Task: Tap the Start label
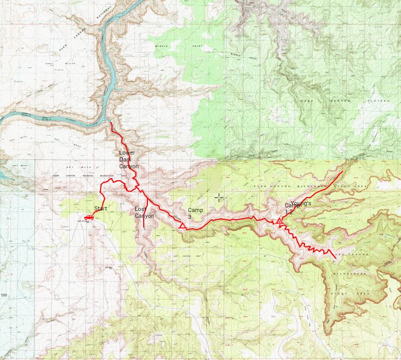(100, 209)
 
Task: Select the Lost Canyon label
(144, 212)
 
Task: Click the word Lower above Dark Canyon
(127, 153)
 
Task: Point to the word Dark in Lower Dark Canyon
(126, 160)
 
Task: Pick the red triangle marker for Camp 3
(182, 226)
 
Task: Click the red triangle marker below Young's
(280, 222)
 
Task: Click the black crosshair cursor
(219, 197)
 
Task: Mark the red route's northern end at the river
(111, 123)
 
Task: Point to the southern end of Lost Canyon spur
(144, 228)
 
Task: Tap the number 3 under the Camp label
(190, 216)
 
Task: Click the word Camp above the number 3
(195, 209)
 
